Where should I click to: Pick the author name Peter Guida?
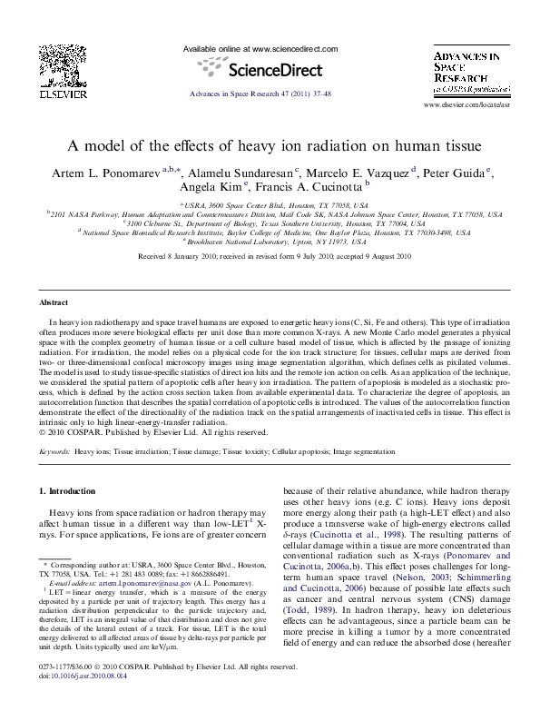point(456,172)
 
